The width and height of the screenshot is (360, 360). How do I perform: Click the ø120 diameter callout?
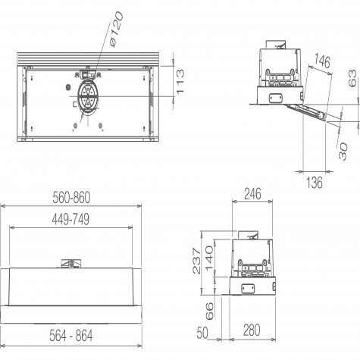[117, 29]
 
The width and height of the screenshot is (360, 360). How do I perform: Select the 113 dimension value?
[180, 82]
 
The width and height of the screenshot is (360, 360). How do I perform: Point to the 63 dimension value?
[353, 78]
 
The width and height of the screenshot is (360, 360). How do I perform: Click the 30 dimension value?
[343, 151]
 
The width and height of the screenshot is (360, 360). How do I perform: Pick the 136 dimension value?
[315, 183]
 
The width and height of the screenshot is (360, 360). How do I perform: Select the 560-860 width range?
[71, 197]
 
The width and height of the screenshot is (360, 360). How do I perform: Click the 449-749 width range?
[70, 219]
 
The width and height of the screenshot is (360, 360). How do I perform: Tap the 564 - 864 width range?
[71, 336]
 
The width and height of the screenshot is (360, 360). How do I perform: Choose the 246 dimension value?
[252, 194]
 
